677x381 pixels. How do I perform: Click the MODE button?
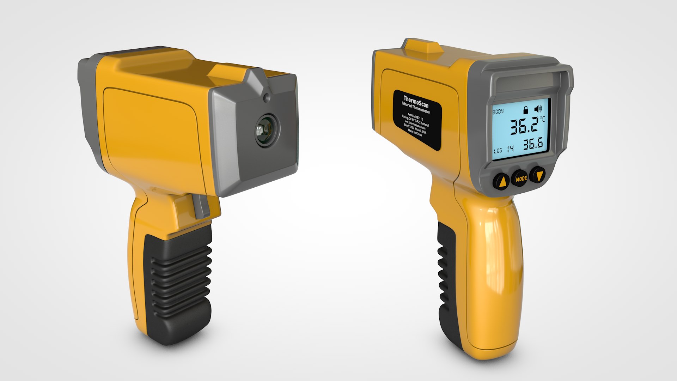point(521,179)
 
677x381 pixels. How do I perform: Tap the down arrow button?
point(538,175)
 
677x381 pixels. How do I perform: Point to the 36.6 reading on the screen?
point(532,144)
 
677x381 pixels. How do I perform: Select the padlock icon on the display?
point(526,110)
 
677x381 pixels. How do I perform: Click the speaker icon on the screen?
point(538,109)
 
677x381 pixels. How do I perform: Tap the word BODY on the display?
point(498,111)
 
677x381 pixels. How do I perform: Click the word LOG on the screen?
point(498,151)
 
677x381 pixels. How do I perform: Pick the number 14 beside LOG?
point(510,149)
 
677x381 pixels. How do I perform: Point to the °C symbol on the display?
point(542,119)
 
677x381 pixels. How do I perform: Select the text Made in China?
point(415,132)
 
